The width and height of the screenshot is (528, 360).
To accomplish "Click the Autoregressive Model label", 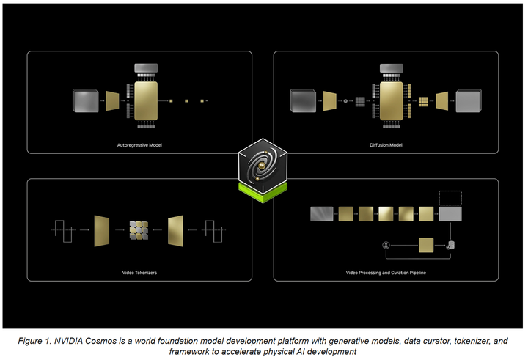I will coord(139,145).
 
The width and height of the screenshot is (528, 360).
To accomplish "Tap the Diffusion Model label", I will coord(386,145).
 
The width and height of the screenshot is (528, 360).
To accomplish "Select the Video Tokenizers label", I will coord(139,273).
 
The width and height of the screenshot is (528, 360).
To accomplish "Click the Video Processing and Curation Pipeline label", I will coord(386,273).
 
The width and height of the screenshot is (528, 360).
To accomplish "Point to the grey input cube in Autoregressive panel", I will coord(85,100).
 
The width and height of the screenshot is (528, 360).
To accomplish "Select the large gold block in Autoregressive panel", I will coord(147,100).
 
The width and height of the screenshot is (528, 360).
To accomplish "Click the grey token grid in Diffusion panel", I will coord(360,100).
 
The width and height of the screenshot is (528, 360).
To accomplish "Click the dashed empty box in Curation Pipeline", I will coord(450,196).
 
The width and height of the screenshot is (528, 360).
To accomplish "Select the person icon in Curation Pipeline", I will coord(384,244).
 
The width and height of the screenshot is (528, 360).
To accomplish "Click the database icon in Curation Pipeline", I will coord(450,244).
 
